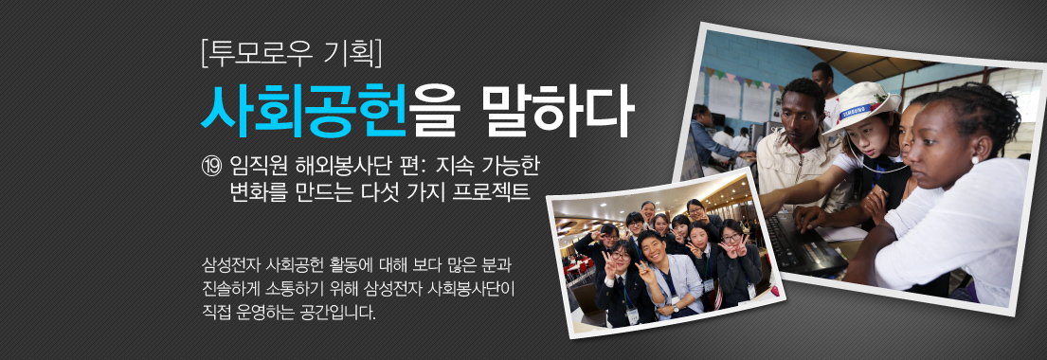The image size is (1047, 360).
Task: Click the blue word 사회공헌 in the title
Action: tap(303, 109)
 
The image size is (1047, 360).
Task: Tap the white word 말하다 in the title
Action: tap(557, 109)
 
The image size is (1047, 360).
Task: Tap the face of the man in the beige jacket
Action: tap(801, 108)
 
